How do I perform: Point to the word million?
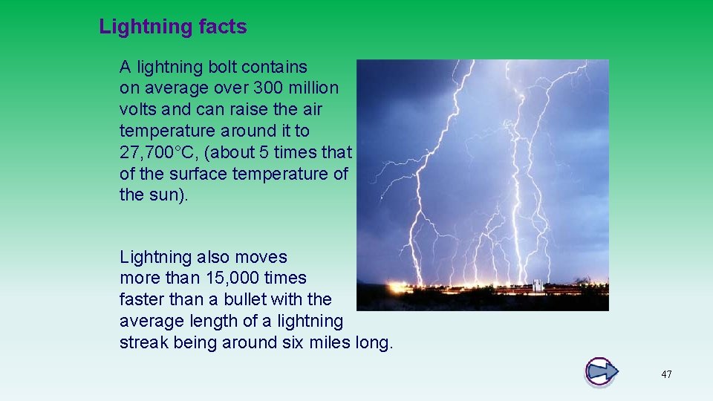pyautogui.click(x=315, y=88)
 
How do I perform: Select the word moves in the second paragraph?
pyautogui.click(x=261, y=258)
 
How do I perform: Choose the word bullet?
pyautogui.click(x=253, y=300)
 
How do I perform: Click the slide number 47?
pyautogui.click(x=666, y=374)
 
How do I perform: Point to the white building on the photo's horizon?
pyautogui.click(x=537, y=285)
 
